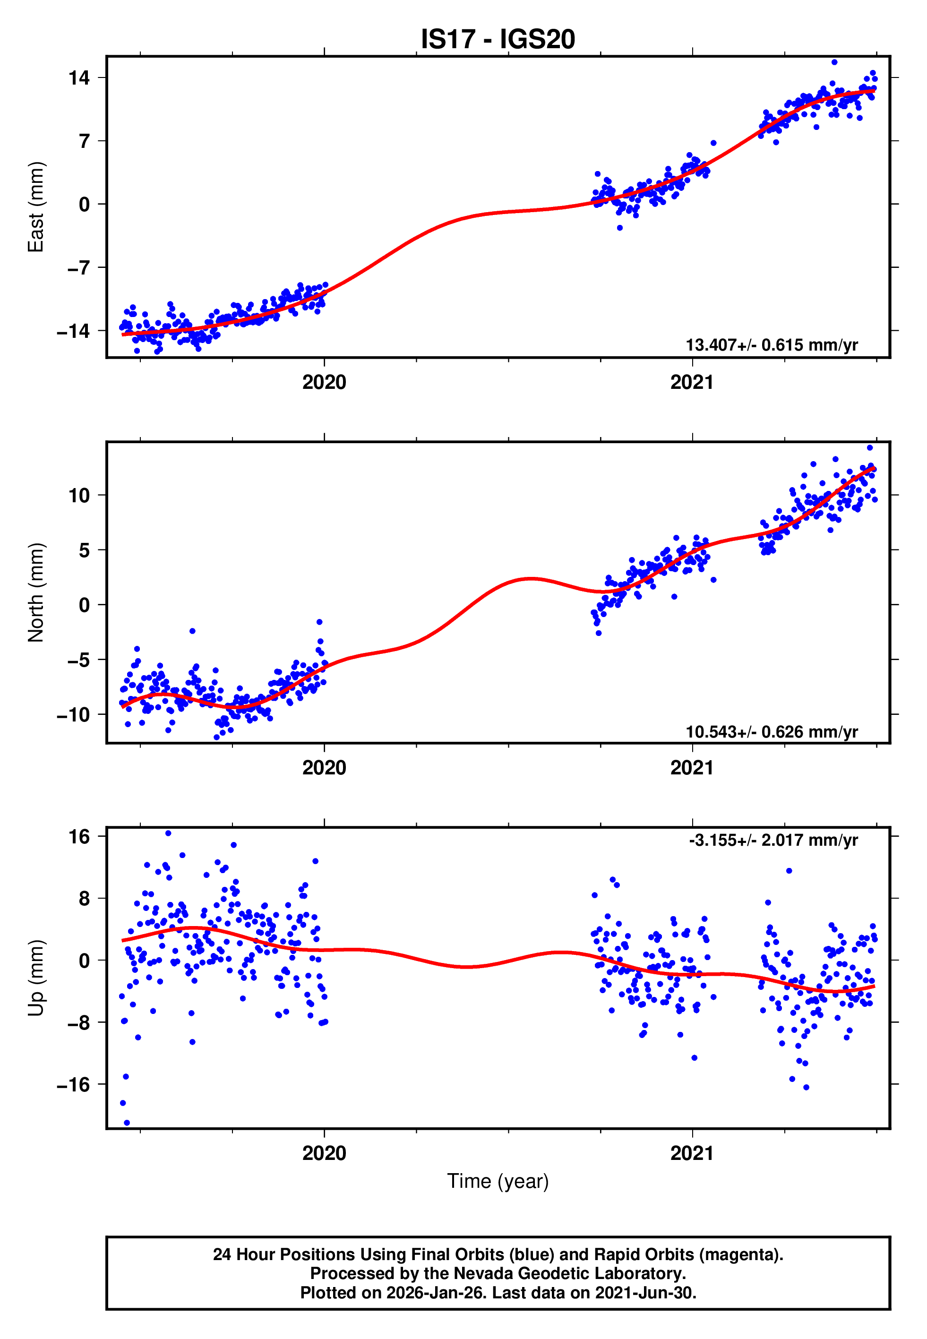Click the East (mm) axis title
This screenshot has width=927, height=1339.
coord(36,207)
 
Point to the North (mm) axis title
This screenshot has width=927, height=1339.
coord(36,592)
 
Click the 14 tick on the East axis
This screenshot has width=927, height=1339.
coord(79,78)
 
